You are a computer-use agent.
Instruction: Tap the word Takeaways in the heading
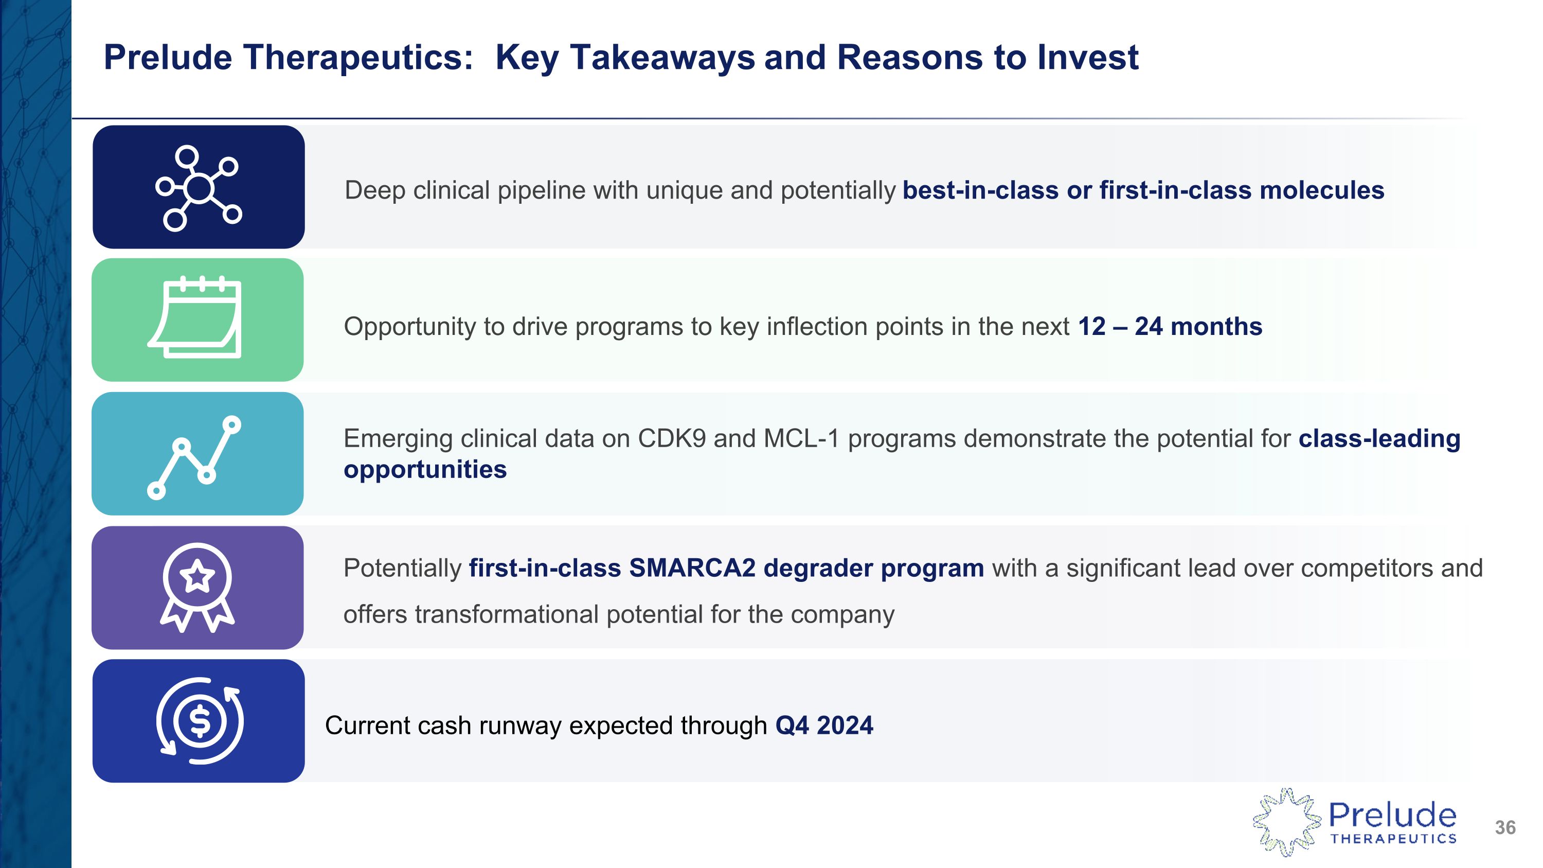click(662, 58)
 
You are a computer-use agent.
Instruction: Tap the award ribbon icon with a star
click(197, 587)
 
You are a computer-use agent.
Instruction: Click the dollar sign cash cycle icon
click(200, 721)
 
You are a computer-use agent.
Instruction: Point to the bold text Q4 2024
click(824, 725)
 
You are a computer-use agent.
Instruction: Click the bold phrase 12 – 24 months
click(1169, 327)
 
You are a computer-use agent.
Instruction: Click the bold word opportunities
click(425, 470)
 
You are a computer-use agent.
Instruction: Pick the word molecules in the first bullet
click(1321, 190)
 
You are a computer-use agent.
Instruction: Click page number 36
click(1504, 827)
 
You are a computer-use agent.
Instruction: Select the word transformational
click(507, 615)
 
